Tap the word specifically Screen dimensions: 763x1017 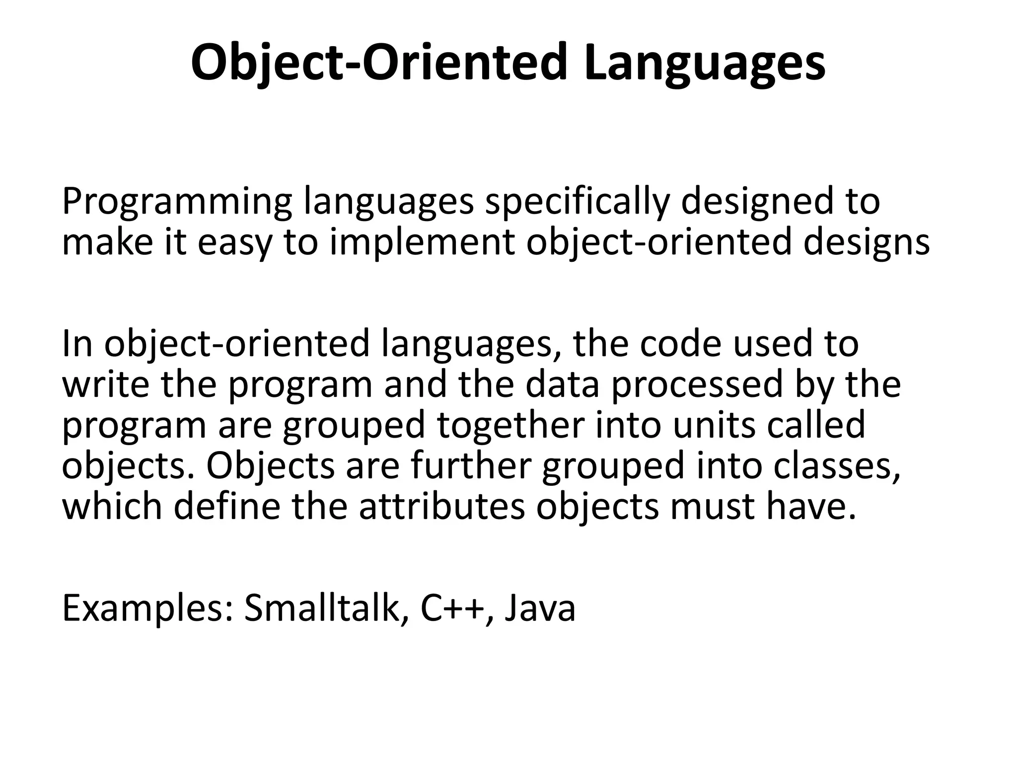tap(577, 203)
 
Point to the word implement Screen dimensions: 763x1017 tap(422, 243)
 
